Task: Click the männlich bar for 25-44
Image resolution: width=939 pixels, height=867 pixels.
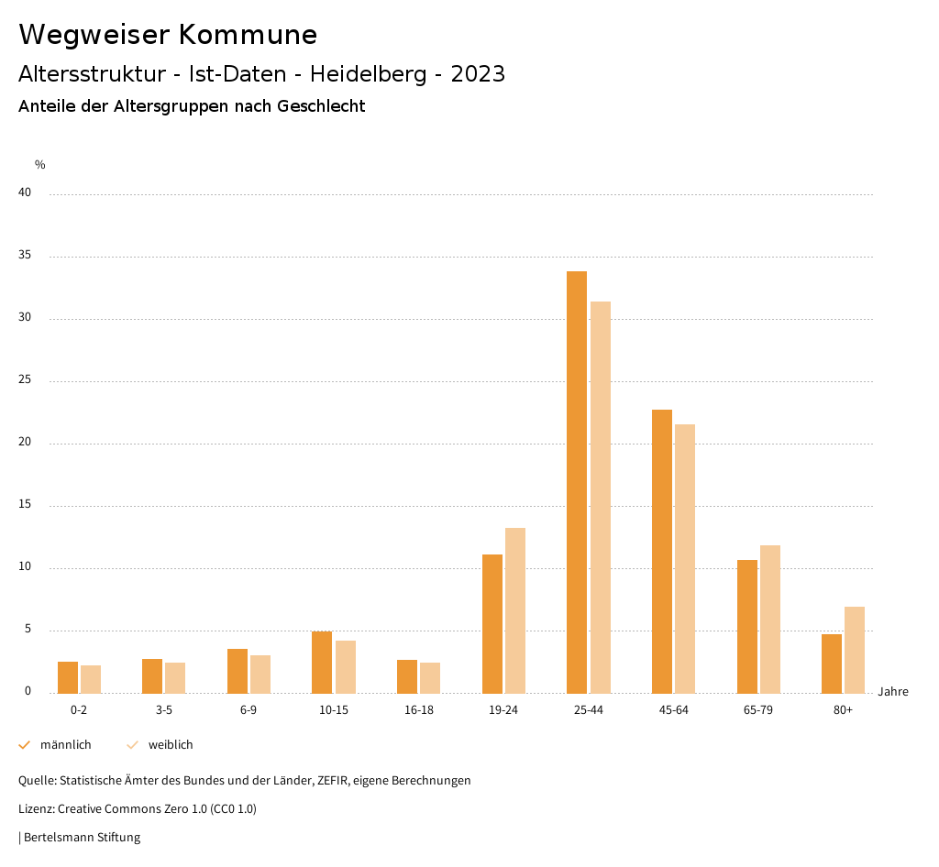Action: [x=577, y=482]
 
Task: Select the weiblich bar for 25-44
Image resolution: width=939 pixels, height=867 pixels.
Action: [x=601, y=497]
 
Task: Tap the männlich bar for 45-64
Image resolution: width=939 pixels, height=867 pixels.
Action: [x=662, y=551]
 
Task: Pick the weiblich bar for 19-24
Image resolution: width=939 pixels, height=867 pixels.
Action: [x=515, y=610]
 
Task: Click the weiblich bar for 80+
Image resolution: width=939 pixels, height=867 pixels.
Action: [x=855, y=650]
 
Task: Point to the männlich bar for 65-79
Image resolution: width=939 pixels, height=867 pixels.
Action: [x=747, y=626]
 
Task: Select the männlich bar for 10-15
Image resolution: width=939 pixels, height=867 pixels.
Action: [x=322, y=662]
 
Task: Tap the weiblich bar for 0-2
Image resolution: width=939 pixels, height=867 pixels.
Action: [x=91, y=679]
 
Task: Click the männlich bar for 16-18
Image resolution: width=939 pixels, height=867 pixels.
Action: [x=407, y=676]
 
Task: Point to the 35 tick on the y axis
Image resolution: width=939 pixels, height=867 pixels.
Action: [x=25, y=256]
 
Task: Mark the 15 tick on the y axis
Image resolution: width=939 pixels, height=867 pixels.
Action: [x=25, y=505]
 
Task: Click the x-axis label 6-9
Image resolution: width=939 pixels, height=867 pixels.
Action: [x=249, y=710]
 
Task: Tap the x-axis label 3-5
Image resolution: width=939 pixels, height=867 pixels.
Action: [x=164, y=710]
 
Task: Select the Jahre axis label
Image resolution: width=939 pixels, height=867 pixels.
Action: [x=893, y=692]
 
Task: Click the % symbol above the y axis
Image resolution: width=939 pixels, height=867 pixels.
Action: [x=40, y=165]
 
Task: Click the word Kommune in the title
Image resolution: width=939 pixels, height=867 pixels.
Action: [x=249, y=35]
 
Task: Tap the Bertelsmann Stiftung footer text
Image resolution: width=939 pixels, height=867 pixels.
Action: [x=82, y=838]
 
